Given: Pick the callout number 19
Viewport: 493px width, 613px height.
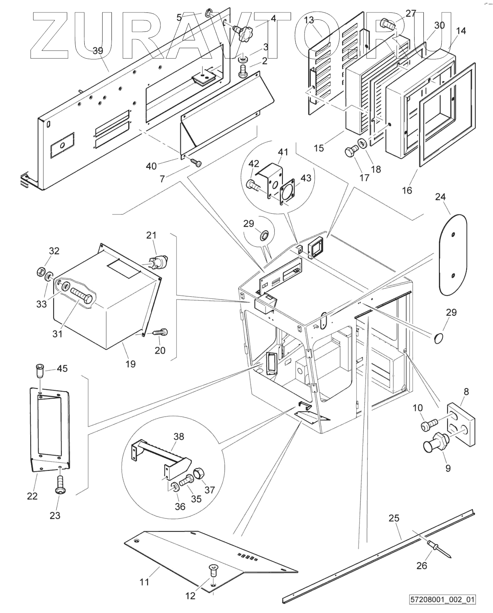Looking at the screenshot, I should point(131,364).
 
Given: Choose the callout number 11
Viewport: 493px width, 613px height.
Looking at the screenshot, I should point(144,582).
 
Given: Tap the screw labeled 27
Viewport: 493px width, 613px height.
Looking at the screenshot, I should point(387,24).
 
